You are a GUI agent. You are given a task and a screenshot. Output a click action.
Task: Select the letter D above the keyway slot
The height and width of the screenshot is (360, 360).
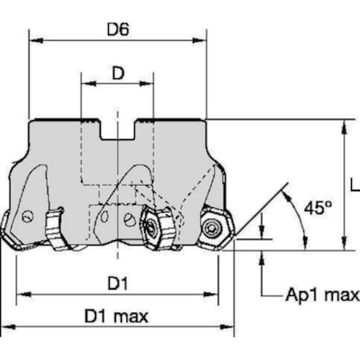(118, 74)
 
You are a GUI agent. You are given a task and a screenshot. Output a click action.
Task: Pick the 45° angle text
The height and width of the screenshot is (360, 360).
(318, 207)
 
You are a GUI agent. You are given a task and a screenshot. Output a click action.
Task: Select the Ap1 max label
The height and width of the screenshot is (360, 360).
(322, 296)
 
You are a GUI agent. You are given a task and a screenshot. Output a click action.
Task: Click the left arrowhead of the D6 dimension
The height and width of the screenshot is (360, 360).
(34, 38)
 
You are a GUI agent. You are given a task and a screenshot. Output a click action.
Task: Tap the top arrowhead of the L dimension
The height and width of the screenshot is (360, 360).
(344, 125)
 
